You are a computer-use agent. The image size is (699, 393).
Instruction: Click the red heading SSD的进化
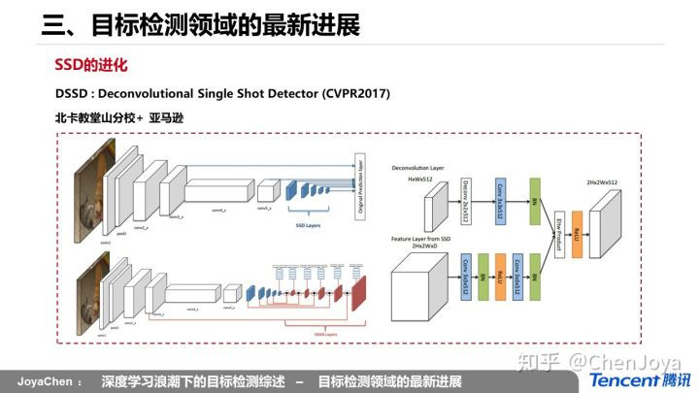(x=91, y=66)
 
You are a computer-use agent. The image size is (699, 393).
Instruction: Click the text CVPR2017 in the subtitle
(x=353, y=94)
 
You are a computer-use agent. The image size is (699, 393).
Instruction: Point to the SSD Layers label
(x=304, y=225)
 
